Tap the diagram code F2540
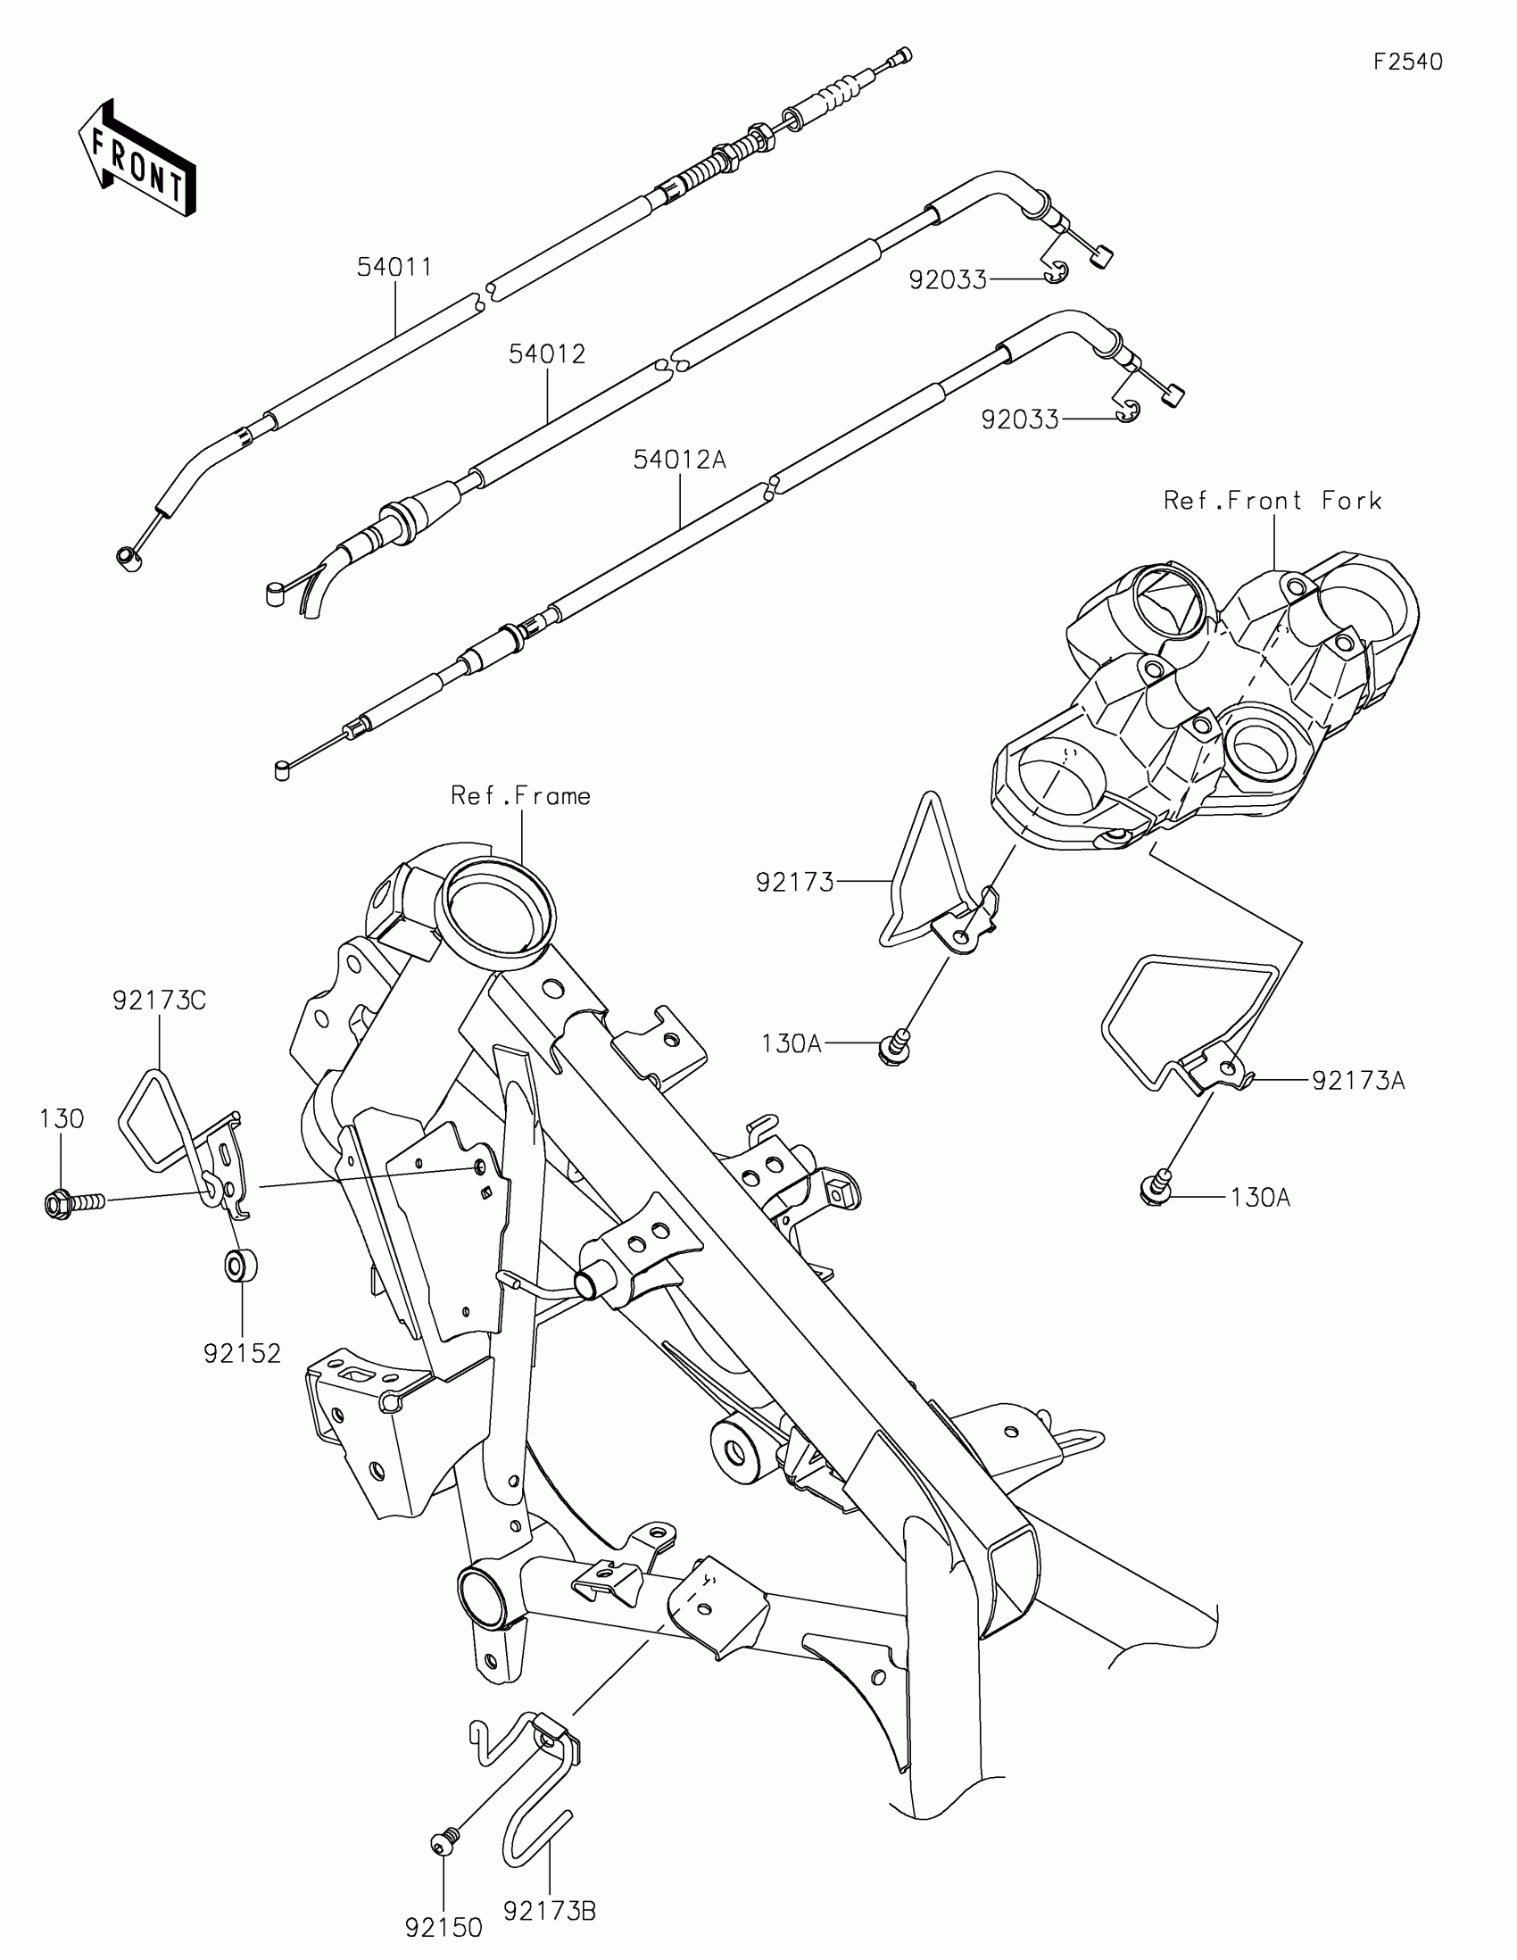point(1407,62)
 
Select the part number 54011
point(394,268)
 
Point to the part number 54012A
point(679,461)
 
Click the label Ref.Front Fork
point(1272,501)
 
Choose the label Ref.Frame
point(520,796)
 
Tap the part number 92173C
point(160,1000)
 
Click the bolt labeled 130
point(71,1200)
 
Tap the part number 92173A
point(1358,1081)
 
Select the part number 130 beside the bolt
point(62,1119)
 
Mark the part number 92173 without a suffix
point(795,883)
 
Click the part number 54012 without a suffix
point(546,354)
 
